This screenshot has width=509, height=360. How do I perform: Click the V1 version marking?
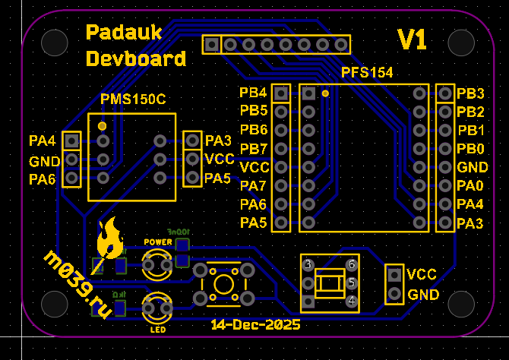tap(413, 39)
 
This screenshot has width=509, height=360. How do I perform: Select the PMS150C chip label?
tap(133, 99)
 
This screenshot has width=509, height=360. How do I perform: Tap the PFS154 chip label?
tap(367, 73)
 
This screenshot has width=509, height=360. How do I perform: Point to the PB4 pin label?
tap(253, 93)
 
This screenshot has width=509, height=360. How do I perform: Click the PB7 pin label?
tap(253, 148)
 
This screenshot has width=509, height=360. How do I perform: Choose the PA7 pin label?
tap(253, 185)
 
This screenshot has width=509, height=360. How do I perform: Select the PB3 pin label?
tap(471, 93)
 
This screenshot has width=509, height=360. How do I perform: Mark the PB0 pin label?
tap(471, 148)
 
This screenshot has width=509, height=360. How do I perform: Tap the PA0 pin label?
tap(471, 185)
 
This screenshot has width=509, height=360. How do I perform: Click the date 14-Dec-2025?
tap(255, 325)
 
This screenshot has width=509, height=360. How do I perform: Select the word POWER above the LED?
tap(158, 242)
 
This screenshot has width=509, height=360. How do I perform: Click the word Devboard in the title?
tap(135, 58)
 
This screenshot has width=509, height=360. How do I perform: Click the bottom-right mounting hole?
tap(462, 303)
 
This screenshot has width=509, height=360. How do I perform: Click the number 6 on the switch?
tap(351, 264)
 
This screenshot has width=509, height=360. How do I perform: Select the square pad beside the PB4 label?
tap(281, 93)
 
